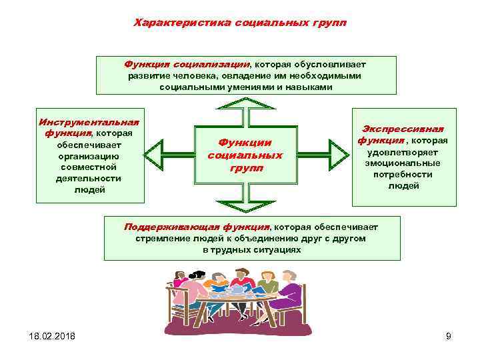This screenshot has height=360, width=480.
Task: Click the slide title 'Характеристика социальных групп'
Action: [x=240, y=23]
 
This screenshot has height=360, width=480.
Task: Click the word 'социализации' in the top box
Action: [x=211, y=65]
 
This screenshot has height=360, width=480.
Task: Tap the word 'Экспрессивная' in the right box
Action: [x=403, y=129]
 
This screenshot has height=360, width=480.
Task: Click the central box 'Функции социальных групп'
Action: [x=245, y=155]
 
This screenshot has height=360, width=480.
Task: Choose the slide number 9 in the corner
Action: [x=448, y=336]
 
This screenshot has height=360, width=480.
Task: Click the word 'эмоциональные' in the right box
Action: [x=403, y=163]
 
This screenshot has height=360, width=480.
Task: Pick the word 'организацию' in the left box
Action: [x=90, y=156]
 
